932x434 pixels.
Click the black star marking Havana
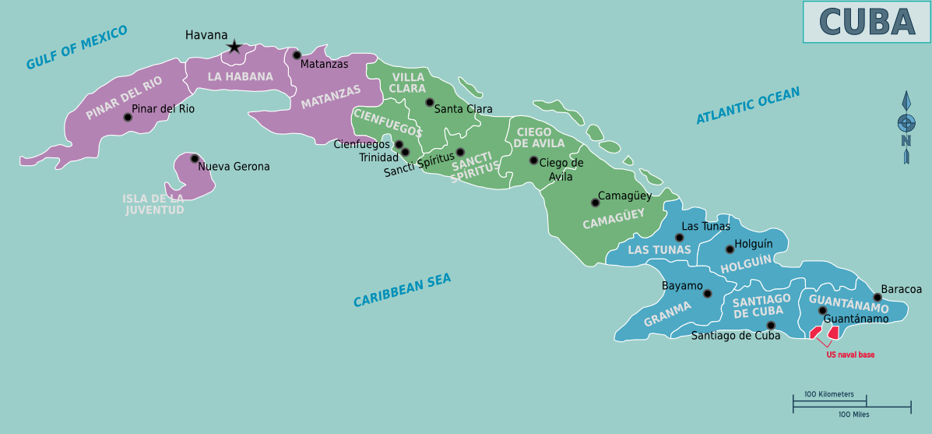pos(234,48)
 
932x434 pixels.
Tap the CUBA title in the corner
pos(867,22)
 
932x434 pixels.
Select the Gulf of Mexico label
pos(76,48)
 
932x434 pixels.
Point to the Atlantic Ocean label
pos(747,106)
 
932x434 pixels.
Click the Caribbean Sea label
pos(402,291)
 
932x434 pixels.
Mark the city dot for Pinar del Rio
pos(128,118)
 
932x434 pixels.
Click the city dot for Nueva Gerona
pos(195,158)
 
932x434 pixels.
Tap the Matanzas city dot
pos(297,55)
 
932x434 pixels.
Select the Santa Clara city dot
pos(429,102)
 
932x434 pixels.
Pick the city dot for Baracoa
pos(877,297)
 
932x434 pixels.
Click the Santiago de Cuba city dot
pos(771,326)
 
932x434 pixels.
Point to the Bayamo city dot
pos(707,294)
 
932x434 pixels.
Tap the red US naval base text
pos(850,355)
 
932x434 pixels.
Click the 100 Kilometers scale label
pos(829,394)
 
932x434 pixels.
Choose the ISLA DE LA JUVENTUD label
pos(153,204)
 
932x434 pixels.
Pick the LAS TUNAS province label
pos(659,250)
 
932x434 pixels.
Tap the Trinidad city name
pos(378,158)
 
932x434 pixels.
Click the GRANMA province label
pos(667,315)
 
